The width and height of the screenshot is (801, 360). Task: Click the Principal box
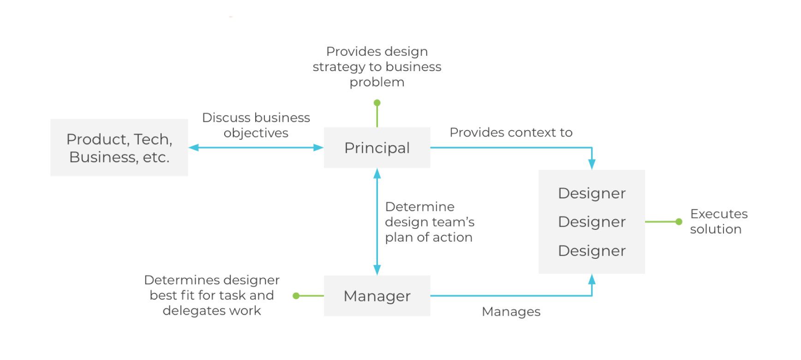point(377,148)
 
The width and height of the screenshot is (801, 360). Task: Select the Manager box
point(377,296)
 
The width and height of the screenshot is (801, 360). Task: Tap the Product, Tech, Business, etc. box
point(119,148)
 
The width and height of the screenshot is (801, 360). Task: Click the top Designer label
point(592,193)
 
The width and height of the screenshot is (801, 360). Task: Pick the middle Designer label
point(592,222)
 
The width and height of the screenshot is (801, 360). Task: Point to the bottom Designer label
point(592,251)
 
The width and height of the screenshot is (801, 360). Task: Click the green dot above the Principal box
point(377,103)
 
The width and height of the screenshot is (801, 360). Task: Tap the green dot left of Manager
point(296,296)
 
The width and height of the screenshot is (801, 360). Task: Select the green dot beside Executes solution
point(679,222)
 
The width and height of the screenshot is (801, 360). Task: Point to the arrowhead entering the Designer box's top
point(592,164)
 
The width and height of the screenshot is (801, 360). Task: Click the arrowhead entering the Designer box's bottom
point(592,279)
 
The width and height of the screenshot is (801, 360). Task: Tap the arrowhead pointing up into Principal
point(377,174)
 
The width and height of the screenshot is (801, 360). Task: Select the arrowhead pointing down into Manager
point(377,270)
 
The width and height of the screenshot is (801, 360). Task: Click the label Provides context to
point(511,132)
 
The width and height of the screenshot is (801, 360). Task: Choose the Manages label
point(511,312)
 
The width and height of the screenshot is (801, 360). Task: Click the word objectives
point(256,133)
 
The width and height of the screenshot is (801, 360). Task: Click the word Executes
point(719,214)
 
